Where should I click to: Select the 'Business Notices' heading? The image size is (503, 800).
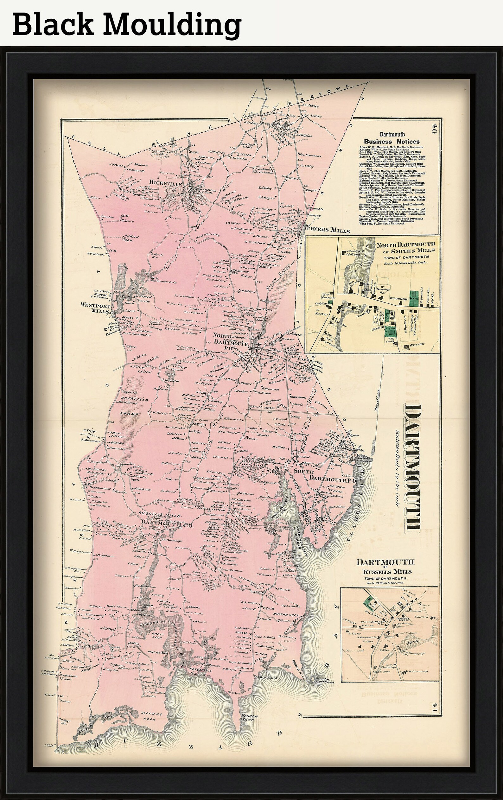[x=392, y=142]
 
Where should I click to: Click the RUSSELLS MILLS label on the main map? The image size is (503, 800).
[x=160, y=516]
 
